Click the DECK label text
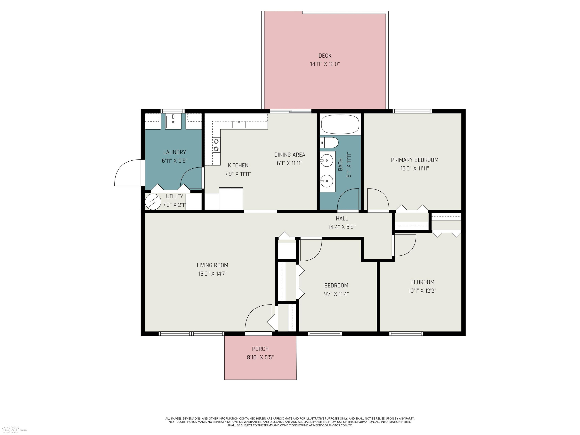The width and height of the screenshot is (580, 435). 325,56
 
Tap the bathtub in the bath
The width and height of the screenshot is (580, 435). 340,124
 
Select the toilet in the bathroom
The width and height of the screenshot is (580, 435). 329,143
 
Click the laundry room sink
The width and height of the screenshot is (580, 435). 173,122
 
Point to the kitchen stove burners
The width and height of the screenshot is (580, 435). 216,145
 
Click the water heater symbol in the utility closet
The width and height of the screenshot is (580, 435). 153,202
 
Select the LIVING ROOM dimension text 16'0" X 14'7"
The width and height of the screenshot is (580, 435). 212,274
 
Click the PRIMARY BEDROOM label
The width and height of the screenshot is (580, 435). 415,160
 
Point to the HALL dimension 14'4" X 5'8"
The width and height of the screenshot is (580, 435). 342,227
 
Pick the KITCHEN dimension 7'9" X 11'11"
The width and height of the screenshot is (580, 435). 238,174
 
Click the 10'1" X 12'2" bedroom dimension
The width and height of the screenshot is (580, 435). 422,291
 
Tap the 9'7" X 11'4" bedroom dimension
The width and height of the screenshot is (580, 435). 336,294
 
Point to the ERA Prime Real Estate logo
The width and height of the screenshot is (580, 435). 14,429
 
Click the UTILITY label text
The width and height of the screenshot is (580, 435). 174,196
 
